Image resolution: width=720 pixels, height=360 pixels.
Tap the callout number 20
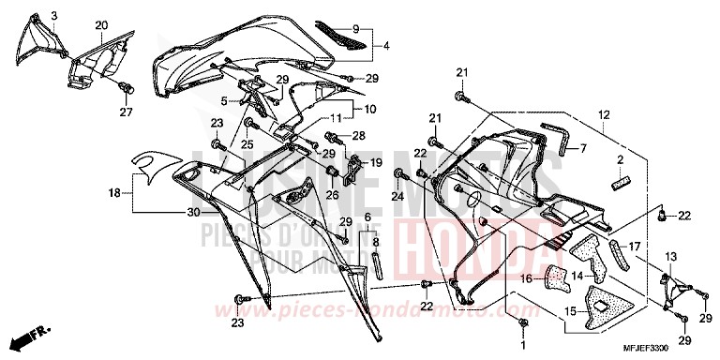click(x=101, y=24)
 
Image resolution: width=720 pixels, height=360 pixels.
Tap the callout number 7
click(x=582, y=148)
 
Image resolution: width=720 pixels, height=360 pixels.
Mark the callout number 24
click(x=397, y=197)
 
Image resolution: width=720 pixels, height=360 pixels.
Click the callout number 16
click(x=527, y=278)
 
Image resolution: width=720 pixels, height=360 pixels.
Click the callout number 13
click(x=670, y=256)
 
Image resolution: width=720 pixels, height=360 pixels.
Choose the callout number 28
click(x=357, y=136)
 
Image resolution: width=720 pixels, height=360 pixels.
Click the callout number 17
click(x=634, y=247)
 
